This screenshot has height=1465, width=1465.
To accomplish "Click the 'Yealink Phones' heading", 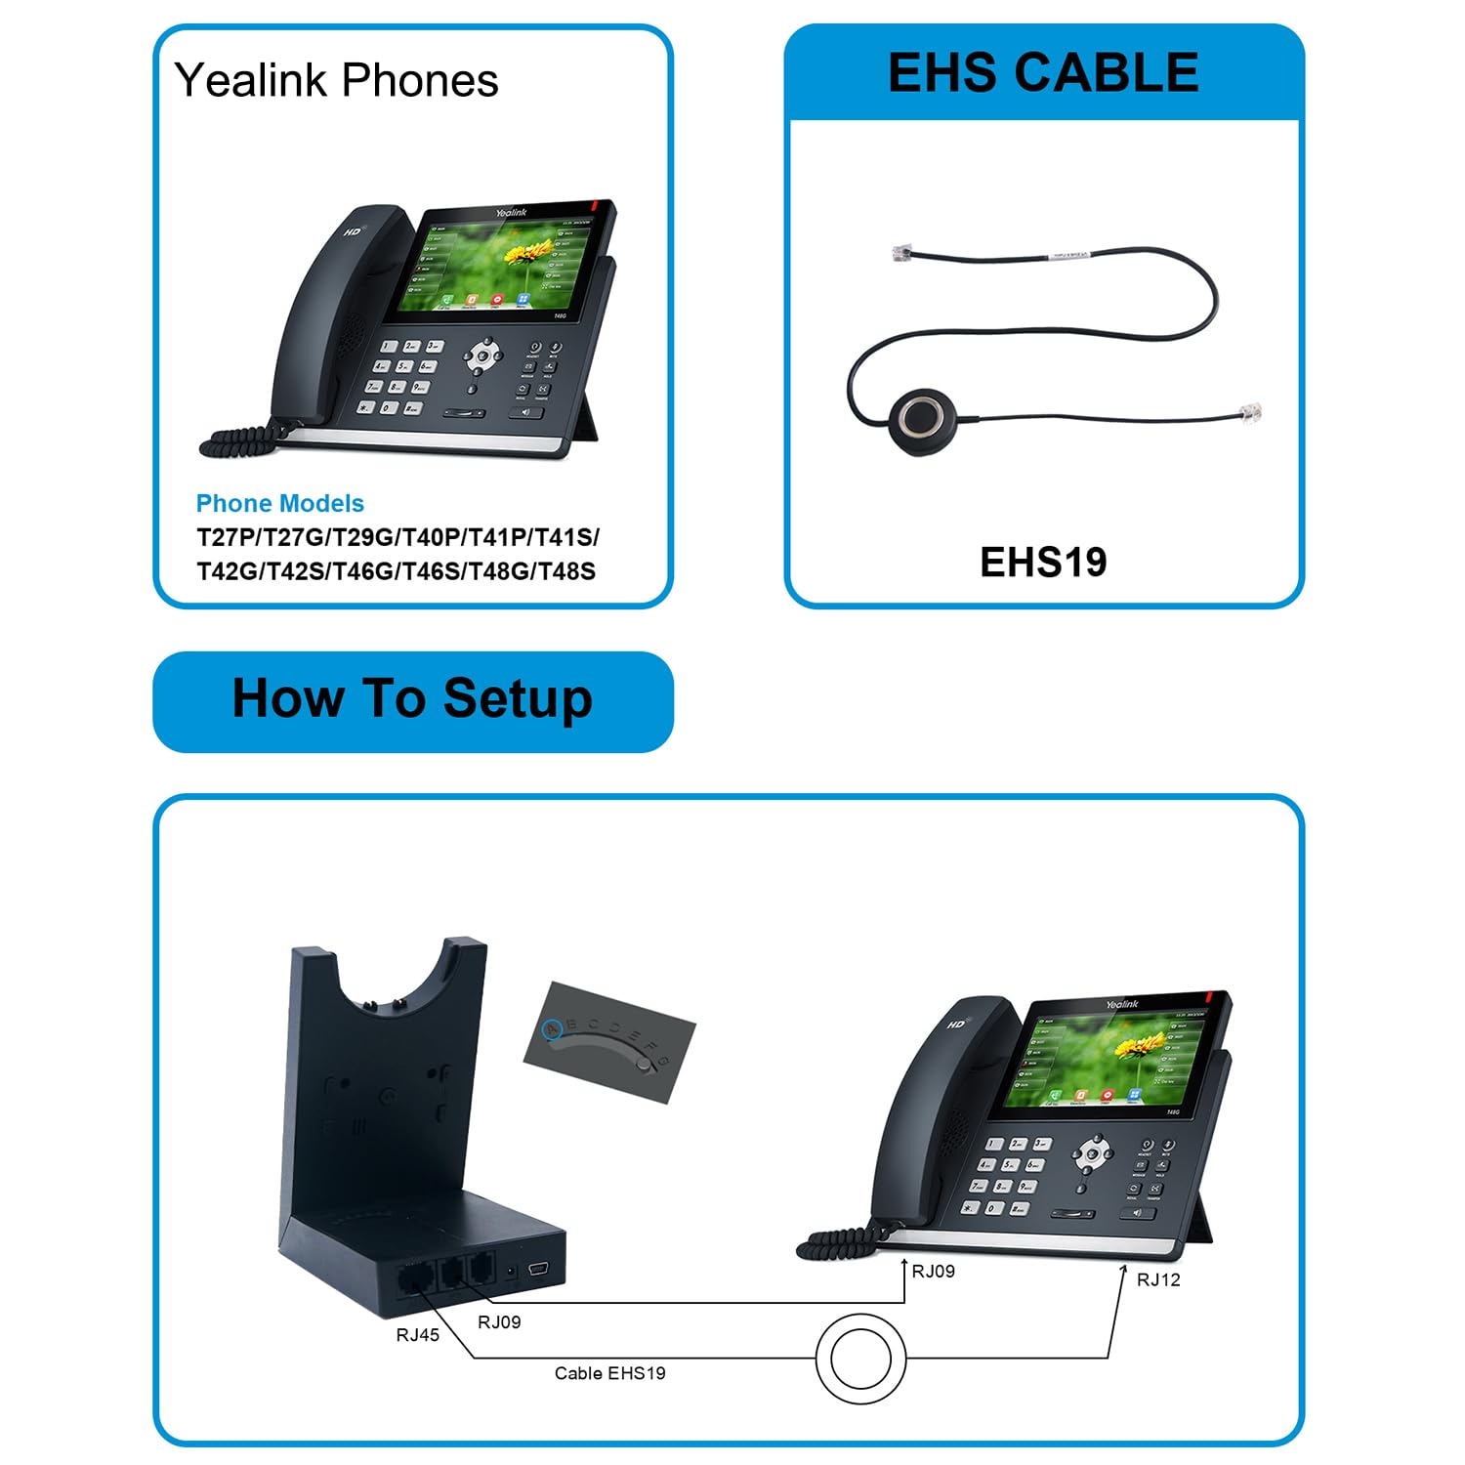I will pos(336,80).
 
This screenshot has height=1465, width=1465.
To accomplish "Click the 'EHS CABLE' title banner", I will pos(1043,73).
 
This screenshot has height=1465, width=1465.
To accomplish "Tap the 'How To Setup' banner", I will pos(412,699).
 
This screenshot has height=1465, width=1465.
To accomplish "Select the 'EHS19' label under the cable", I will pos(1043,563).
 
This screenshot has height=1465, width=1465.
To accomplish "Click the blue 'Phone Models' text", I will pos(279,504).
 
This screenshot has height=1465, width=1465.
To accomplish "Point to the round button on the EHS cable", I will pos(923,416).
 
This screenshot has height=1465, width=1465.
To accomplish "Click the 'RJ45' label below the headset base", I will pos(417,1335).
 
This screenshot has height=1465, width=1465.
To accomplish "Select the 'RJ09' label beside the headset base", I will pos(499,1322).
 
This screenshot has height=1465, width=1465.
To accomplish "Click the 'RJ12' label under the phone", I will pos(1158,1280).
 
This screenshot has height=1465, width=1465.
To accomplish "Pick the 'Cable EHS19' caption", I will pos(609,1373).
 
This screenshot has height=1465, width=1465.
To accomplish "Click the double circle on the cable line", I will pos(860,1359).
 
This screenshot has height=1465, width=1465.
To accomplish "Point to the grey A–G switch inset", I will pos(609,1041).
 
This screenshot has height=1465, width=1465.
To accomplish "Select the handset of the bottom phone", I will pos(918,1113).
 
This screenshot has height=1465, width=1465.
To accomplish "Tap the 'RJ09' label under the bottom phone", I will pos(933,1272).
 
